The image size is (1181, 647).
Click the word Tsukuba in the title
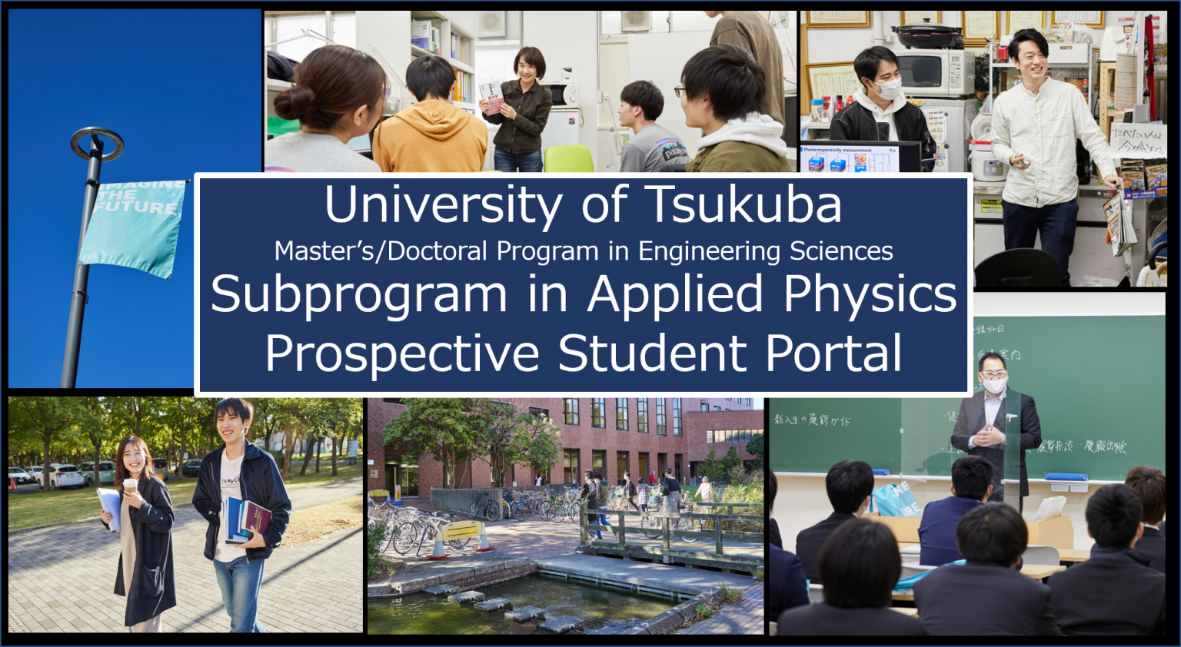[743, 204]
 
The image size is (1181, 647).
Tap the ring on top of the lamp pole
[96, 142]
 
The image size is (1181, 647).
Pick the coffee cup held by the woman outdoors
[130, 486]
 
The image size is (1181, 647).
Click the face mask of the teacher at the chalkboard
[994, 386]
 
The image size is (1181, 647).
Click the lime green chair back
[568, 159]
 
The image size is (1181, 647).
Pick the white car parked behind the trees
[62, 476]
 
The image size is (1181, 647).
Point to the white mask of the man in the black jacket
[890, 89]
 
